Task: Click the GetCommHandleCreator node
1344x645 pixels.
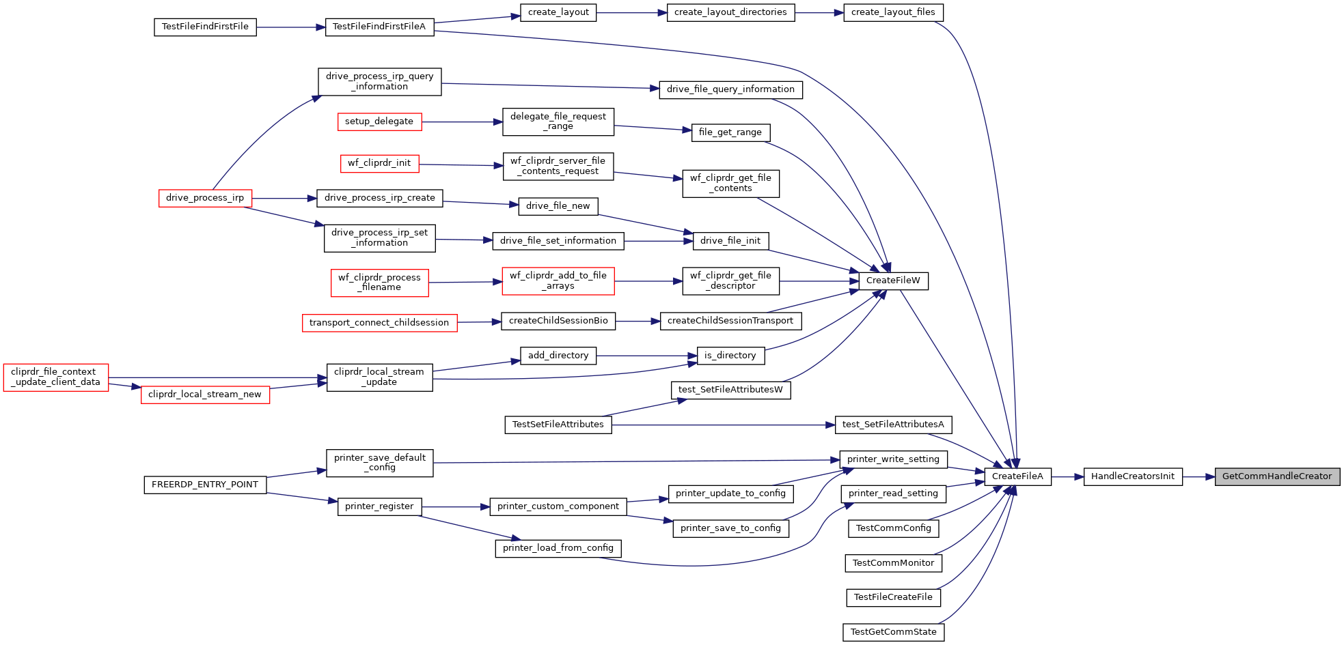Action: pos(1277,476)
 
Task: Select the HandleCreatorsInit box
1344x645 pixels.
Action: pos(1133,476)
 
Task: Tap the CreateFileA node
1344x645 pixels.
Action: pos(1017,476)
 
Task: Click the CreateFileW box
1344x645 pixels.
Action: pos(893,281)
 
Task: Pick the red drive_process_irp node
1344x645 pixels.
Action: pos(205,198)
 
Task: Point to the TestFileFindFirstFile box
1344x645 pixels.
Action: pos(205,27)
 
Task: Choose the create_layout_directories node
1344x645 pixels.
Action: pos(730,12)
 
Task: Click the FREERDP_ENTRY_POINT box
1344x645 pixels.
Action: pos(205,485)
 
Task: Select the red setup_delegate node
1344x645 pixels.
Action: pos(379,121)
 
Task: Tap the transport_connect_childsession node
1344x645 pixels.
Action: pos(379,323)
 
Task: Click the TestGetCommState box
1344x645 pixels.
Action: pos(894,632)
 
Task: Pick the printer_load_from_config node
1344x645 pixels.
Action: pos(558,548)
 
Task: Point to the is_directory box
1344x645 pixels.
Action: pos(730,356)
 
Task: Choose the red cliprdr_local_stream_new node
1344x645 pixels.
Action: pos(205,395)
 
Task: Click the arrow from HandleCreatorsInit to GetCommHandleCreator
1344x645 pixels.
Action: pos(1198,476)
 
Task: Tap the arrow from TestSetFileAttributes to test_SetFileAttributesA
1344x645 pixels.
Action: pos(724,425)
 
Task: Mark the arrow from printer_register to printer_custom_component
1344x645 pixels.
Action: pos(456,507)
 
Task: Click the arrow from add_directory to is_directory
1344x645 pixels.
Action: pos(646,356)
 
